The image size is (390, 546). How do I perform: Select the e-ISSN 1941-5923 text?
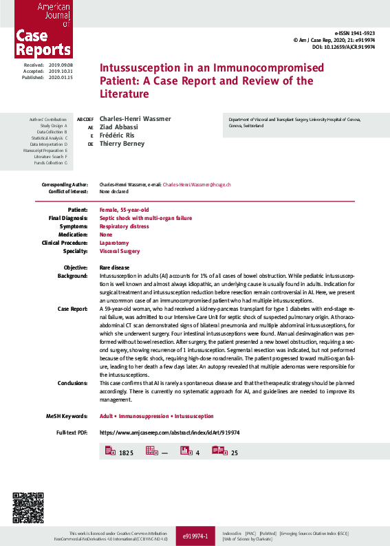(354, 33)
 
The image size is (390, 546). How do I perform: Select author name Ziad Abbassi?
(118, 127)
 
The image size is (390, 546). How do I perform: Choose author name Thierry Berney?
(122, 144)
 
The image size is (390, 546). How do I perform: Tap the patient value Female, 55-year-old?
(124, 209)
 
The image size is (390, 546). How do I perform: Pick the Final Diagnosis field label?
(67, 218)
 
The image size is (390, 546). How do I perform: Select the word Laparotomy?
(116, 243)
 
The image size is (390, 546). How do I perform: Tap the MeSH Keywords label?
(67, 416)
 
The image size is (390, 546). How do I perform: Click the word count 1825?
(126, 453)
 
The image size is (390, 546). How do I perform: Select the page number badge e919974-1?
(195, 535)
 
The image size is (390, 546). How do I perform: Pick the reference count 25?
(235, 453)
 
